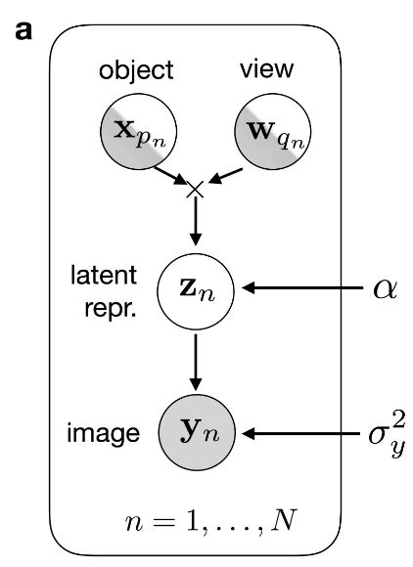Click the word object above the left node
137,70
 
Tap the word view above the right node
262,69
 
